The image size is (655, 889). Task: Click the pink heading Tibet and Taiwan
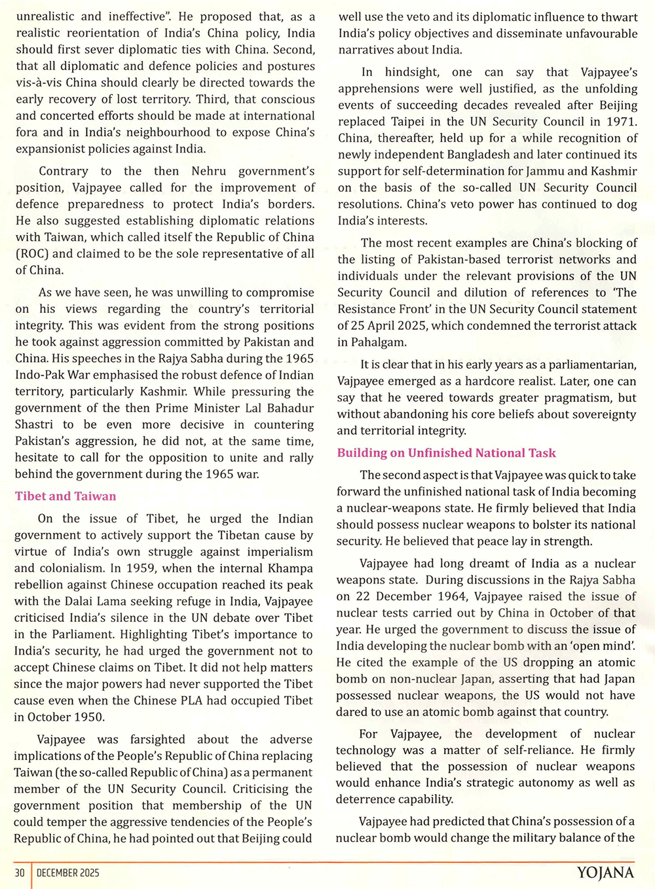tap(65, 496)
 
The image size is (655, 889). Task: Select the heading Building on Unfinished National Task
tap(446, 453)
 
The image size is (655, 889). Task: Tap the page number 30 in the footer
tap(20, 873)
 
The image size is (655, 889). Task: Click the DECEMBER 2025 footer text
tap(68, 873)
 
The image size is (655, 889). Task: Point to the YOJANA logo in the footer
tap(605, 873)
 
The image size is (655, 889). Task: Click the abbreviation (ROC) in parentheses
tap(31, 253)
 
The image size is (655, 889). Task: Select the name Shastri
tap(34, 424)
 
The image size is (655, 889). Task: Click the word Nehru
tap(210, 171)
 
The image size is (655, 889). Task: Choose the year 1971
tap(618, 122)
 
